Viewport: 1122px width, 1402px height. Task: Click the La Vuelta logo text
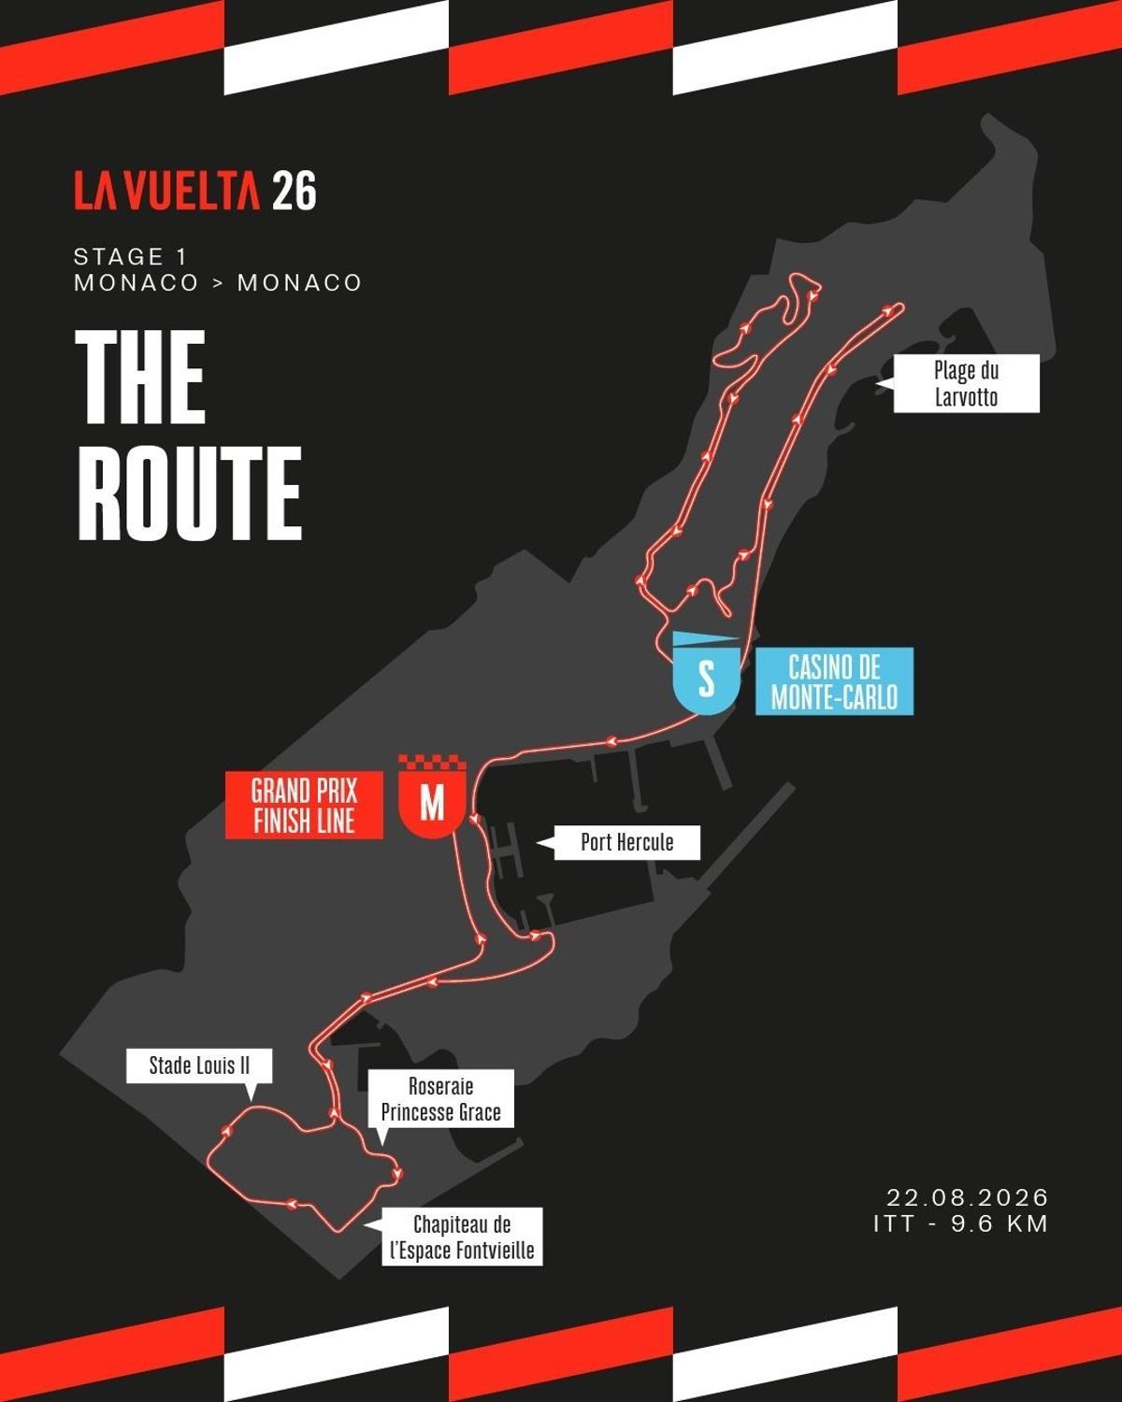coord(167,191)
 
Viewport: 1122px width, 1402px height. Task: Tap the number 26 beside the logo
coord(295,191)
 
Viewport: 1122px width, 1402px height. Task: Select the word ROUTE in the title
coord(188,494)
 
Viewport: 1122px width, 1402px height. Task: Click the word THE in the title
coord(140,376)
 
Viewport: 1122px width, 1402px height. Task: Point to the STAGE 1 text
coord(130,256)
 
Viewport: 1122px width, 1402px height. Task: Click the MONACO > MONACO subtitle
coord(218,282)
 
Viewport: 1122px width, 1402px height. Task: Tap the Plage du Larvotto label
coord(966,383)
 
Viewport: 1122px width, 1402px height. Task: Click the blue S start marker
coord(707,679)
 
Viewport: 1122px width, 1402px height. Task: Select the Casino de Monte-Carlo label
coord(834,681)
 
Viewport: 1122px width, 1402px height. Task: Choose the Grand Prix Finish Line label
coord(304,806)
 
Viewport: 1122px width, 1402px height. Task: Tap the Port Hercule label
coord(626,842)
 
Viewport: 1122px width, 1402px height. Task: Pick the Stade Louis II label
coord(199,1066)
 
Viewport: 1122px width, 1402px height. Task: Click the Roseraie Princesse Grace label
coord(440,1099)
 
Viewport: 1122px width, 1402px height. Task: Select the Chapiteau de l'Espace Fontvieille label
coord(462,1237)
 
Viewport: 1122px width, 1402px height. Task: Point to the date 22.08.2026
coord(968,1197)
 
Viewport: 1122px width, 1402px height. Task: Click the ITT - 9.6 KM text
coord(961,1223)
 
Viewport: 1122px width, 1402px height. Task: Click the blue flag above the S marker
coord(705,640)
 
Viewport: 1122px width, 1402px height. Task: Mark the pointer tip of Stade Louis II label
coord(251,1098)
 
